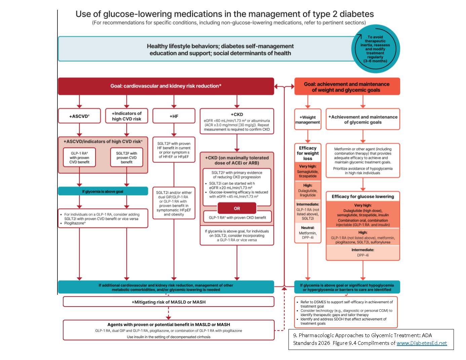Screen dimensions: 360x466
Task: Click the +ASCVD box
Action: pos(79,116)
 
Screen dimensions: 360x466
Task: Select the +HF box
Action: pos(174,116)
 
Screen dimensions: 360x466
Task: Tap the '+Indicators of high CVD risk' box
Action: pos(126,116)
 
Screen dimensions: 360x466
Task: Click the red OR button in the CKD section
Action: pos(237,208)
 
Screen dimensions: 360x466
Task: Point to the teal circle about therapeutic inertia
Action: pos(375,49)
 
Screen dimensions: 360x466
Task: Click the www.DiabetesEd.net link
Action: pos(422,343)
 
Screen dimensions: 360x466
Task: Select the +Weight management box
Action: pos(308,119)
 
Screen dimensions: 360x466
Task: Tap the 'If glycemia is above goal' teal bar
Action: pos(103,191)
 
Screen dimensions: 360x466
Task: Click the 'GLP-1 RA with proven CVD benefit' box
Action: pos(79,157)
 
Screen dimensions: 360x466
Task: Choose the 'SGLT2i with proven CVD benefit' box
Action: pos(126,157)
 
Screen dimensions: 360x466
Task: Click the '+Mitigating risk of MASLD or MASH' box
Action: pos(168,302)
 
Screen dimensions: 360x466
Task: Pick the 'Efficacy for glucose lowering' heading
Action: pos(363,197)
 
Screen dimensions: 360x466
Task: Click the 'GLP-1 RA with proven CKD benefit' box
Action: pos(237,217)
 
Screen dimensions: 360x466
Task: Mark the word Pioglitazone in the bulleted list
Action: pos(74,223)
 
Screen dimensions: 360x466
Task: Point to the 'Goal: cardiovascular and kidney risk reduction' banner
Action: pos(166,86)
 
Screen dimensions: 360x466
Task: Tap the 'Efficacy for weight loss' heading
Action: pos(308,153)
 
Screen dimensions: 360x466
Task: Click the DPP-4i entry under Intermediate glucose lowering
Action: pos(363,255)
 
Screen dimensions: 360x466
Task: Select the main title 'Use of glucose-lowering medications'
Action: pos(224,14)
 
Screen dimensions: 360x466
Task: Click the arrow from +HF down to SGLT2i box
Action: pos(174,130)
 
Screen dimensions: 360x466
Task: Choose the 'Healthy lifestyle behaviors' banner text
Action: pos(220,49)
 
